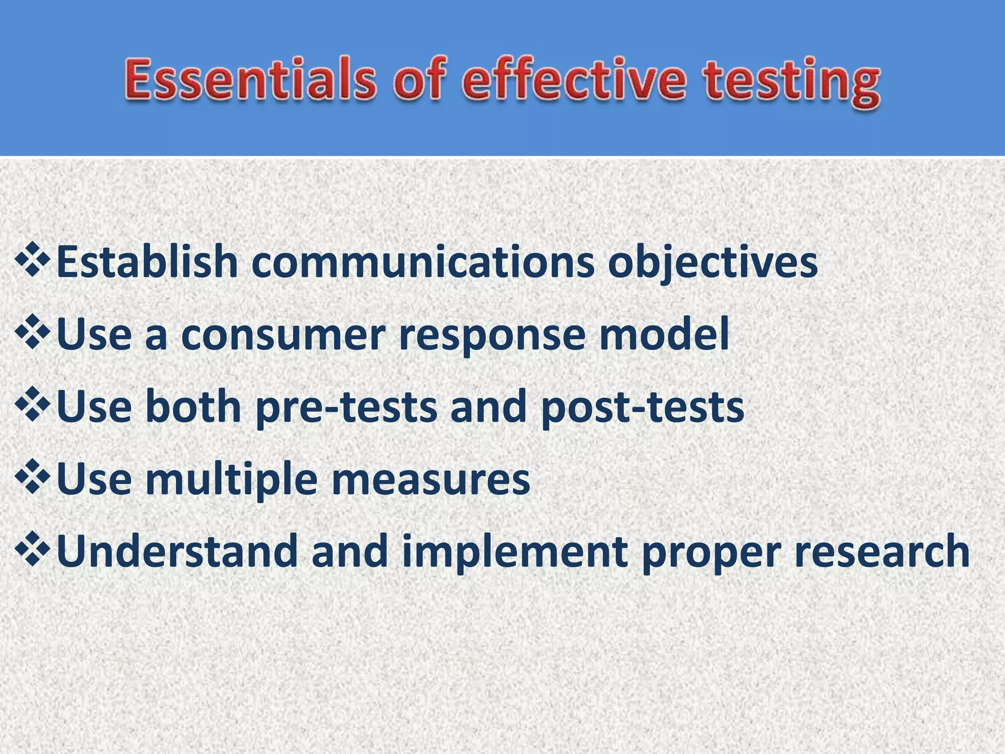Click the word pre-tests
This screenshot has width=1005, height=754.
(x=346, y=407)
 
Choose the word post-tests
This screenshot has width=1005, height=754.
(x=642, y=407)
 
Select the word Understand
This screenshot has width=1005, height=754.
(x=177, y=551)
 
